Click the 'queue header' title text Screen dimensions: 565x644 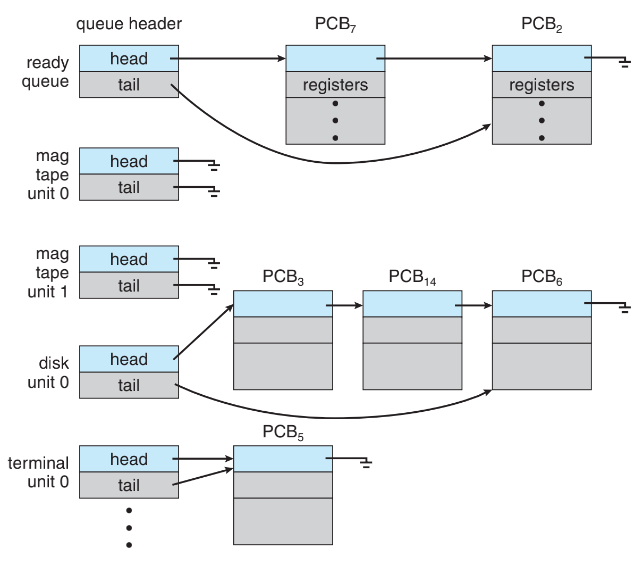pyautogui.click(x=129, y=24)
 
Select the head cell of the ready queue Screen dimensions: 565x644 pyautogui.click(x=129, y=59)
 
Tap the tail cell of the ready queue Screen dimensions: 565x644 pyautogui.click(x=129, y=85)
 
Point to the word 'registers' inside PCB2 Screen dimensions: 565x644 pyautogui.click(x=541, y=85)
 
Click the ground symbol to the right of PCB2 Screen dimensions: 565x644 pyautogui.click(x=624, y=63)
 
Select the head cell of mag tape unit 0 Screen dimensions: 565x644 pyautogui.click(x=129, y=161)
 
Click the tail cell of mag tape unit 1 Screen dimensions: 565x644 pyautogui.click(x=129, y=286)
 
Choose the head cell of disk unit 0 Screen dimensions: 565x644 pyautogui.click(x=129, y=359)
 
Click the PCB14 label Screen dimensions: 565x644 pyautogui.click(x=412, y=277)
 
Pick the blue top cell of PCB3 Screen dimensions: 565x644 pyautogui.click(x=283, y=304)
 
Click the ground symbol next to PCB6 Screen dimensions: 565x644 pyautogui.click(x=624, y=308)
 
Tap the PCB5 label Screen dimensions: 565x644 pyautogui.click(x=283, y=433)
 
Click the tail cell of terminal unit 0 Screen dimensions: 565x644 pyautogui.click(x=129, y=485)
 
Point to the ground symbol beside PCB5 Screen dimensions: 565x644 pyautogui.click(x=366, y=463)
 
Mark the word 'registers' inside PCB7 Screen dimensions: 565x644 pyautogui.click(x=335, y=85)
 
